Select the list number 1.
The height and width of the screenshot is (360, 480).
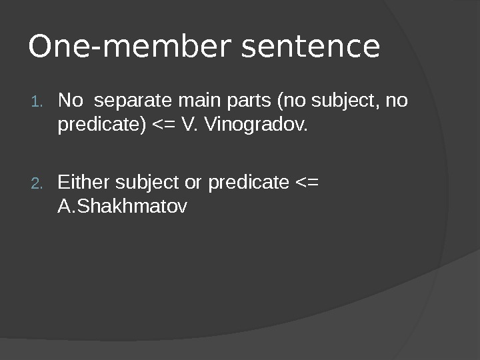37,102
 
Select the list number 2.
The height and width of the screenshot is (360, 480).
37,183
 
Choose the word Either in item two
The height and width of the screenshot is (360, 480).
84,183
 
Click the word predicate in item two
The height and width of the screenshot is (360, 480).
249,183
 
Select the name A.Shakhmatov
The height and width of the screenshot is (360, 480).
123,207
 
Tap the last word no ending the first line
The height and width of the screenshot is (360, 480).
397,101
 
